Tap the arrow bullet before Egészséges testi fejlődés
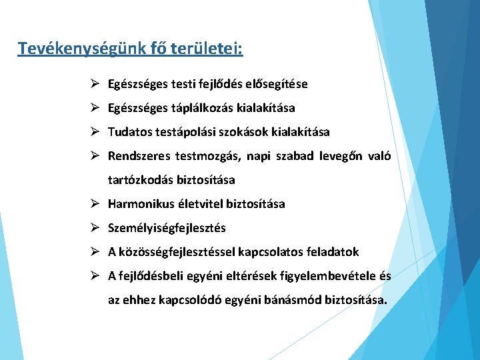tap(96, 84)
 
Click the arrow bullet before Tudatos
tap(96, 132)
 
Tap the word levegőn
tap(339, 156)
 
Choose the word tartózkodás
tap(139, 180)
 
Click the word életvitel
tap(200, 204)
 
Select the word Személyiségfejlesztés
tap(167, 228)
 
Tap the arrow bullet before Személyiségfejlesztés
tap(96, 228)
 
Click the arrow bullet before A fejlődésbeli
tap(96, 276)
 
